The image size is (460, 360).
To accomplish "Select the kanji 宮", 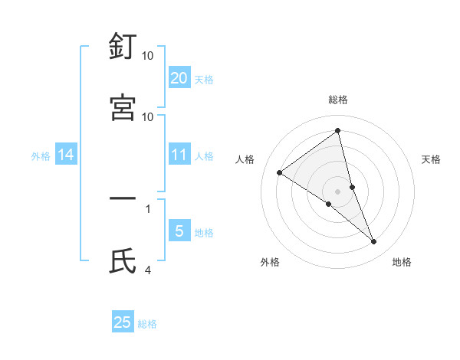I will (x=123, y=107).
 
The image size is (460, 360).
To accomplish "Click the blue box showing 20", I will (x=179, y=77).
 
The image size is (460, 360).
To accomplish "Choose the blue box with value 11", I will (x=179, y=155).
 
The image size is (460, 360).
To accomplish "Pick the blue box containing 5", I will (x=179, y=231).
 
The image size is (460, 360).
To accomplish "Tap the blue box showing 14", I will (x=66, y=155).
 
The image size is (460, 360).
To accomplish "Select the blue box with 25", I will (x=123, y=322).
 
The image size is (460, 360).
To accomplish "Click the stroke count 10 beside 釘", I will (x=148, y=56).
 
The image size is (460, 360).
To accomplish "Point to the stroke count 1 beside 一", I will (x=148, y=208).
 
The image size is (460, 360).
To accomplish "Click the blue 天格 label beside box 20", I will (x=204, y=79).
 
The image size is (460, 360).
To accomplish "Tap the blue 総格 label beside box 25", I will (x=147, y=324).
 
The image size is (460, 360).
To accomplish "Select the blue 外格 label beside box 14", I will (x=41, y=156).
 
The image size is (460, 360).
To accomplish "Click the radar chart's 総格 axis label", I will (x=338, y=100).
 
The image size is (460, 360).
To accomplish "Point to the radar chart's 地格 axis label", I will (x=402, y=262).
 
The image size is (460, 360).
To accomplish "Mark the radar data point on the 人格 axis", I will (x=280, y=172).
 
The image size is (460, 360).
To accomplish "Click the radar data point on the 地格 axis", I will (x=374, y=242).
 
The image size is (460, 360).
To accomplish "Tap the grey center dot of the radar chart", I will (x=338, y=191).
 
